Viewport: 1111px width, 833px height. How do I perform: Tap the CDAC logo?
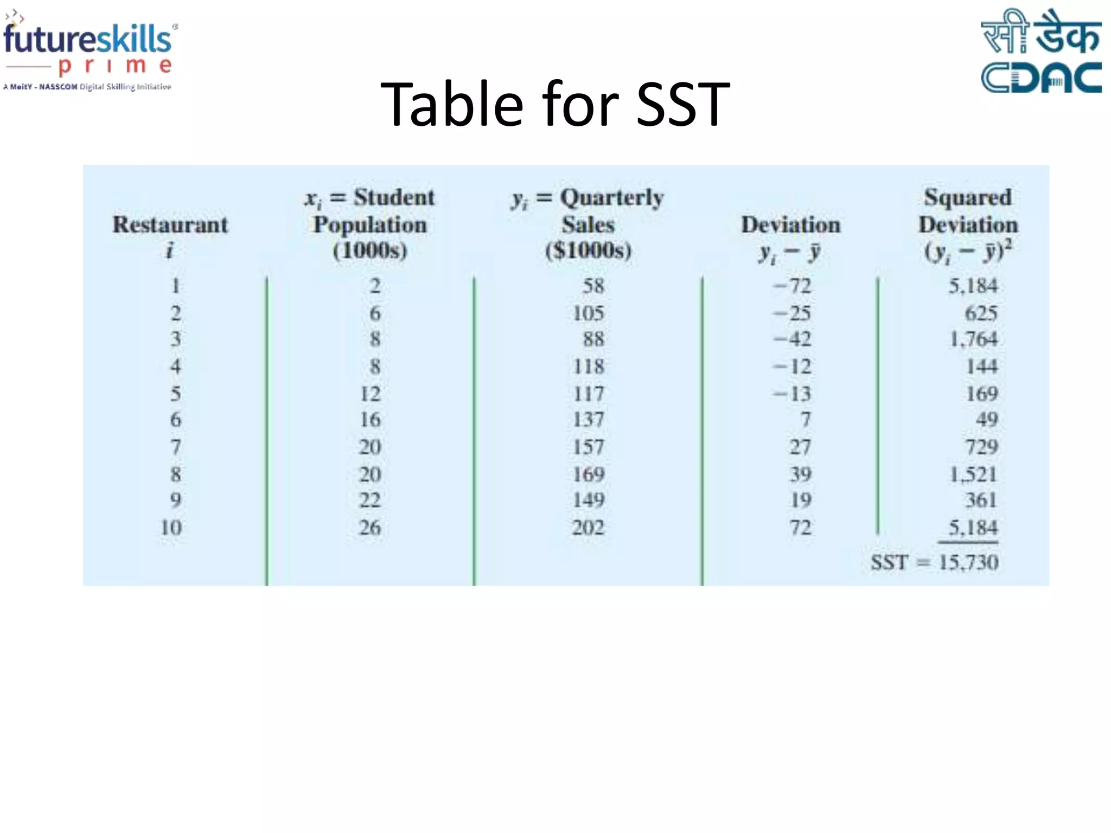coord(1040,52)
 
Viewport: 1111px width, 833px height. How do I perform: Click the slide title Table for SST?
coord(555,104)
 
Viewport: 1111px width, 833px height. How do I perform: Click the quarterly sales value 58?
coord(593,286)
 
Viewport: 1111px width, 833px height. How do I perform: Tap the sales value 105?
coord(588,313)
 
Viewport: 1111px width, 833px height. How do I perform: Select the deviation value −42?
coord(792,339)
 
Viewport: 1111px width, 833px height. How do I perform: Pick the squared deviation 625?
coord(981,313)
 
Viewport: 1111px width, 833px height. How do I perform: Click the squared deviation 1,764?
coord(973,339)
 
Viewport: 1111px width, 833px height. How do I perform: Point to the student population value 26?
coord(370,527)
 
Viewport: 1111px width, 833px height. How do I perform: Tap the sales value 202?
coord(588,527)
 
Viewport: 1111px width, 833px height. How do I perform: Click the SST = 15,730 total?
coord(934,562)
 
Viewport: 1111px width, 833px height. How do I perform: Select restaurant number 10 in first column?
coord(171,527)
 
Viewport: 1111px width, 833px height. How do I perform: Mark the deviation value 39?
coord(800,474)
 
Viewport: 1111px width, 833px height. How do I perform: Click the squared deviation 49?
coord(987,419)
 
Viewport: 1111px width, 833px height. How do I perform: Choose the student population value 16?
coord(370,419)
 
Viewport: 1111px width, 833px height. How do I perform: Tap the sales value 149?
coord(588,500)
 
